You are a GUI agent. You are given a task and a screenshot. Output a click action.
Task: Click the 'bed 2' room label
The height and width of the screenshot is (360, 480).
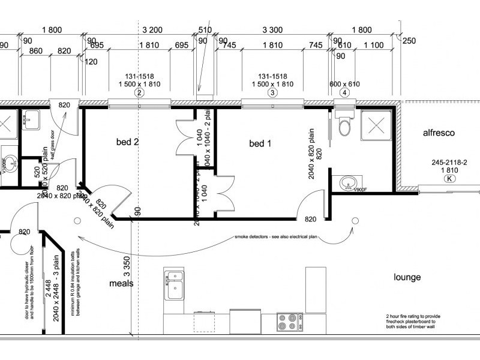[x=127, y=142]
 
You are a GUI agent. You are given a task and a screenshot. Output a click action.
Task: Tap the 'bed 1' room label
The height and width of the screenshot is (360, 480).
[x=260, y=143]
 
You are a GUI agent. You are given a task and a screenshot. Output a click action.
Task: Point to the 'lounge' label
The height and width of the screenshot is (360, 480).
[x=407, y=277]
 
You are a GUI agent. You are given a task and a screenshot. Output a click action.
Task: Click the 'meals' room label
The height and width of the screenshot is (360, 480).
[x=121, y=283]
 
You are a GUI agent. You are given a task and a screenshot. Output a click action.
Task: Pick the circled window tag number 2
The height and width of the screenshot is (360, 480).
[x=139, y=93]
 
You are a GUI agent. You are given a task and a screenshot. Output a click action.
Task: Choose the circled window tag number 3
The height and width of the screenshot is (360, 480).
[x=272, y=93]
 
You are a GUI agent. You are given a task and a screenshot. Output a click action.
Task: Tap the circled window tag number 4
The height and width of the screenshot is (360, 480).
[x=344, y=93]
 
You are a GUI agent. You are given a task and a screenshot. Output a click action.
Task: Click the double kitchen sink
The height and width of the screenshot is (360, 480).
[x=173, y=284]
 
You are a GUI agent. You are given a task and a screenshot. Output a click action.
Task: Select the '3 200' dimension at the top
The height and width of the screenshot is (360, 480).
[x=152, y=29]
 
